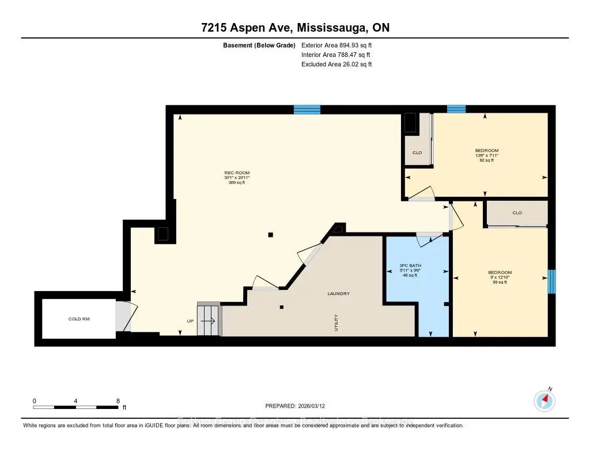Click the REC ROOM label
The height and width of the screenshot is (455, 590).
[237, 173]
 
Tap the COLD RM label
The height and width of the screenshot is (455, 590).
[79, 319]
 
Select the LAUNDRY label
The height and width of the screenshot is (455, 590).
[339, 294]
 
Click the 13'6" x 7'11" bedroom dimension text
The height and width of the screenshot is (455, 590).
[486, 155]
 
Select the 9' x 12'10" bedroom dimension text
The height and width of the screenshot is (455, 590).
[500, 277]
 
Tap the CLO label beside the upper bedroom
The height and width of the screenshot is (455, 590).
[417, 153]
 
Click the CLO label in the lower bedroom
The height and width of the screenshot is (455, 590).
[517, 213]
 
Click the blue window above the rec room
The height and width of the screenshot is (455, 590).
[307, 109]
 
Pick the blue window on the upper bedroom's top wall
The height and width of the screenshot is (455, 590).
[456, 109]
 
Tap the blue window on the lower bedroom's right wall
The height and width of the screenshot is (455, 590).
[551, 282]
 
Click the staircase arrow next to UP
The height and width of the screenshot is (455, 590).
[209, 321]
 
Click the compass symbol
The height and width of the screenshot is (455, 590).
[544, 400]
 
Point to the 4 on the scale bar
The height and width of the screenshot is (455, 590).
[76, 400]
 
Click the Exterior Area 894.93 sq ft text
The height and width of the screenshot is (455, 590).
[341, 44]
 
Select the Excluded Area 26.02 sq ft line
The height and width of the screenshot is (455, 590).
[336, 64]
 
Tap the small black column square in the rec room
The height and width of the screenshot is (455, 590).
[270, 234]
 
